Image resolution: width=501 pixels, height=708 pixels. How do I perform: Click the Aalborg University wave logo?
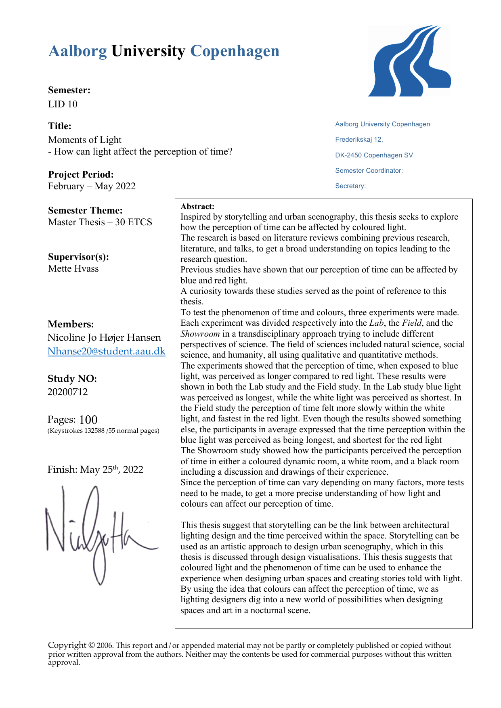coord(409,61)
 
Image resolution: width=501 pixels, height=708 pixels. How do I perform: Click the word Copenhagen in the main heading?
coord(235,51)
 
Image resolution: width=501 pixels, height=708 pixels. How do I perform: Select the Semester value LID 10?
coord(63,104)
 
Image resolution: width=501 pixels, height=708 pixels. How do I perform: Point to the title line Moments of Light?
coord(85,140)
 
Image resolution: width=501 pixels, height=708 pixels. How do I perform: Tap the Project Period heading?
coord(81,174)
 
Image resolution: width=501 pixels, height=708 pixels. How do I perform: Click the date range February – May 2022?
coord(92,186)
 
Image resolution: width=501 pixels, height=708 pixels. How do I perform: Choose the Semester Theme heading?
coord(85,210)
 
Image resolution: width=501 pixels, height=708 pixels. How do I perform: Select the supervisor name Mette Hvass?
coord(73,268)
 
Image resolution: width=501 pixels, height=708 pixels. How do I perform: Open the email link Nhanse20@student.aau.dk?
coord(106,351)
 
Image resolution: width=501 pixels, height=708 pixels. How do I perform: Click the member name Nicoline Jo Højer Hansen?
coord(104,337)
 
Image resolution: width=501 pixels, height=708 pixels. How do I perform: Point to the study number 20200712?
coord(67,392)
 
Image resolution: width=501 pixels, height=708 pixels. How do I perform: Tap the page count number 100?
coord(88,420)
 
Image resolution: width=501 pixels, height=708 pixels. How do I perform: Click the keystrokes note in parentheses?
coord(103,431)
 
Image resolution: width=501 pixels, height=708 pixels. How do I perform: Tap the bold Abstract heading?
coord(197,207)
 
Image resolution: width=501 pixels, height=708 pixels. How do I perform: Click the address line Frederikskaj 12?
coord(359,140)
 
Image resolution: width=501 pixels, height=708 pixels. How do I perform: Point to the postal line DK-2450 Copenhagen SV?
coord(374,155)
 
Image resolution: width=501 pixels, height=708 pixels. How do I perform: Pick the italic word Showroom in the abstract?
coord(200,334)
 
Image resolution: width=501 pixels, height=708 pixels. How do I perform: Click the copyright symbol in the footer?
coord(92,645)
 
